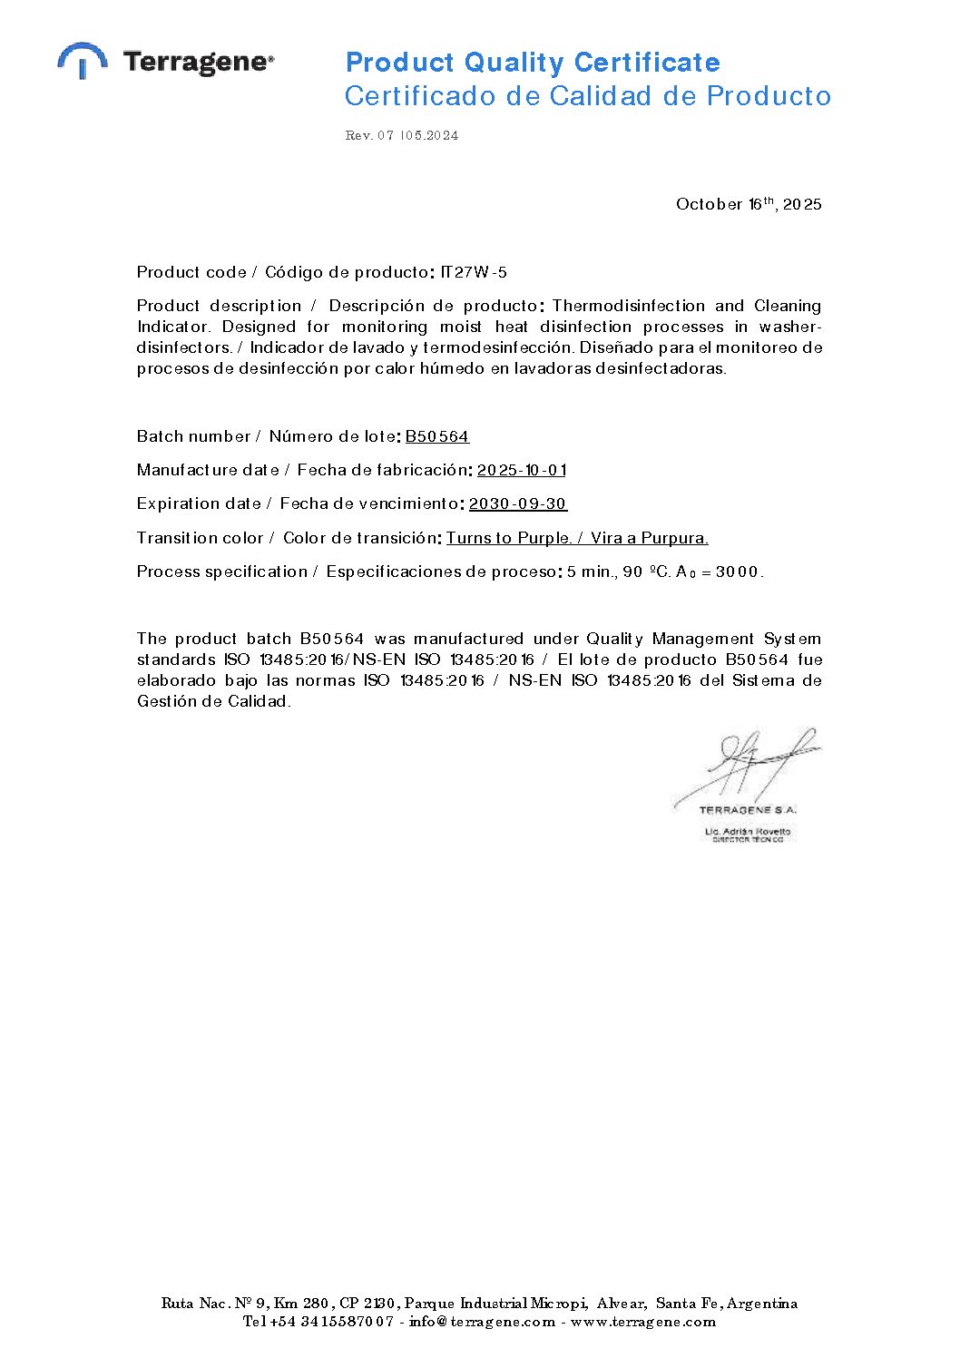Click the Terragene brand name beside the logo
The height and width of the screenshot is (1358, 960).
(x=198, y=63)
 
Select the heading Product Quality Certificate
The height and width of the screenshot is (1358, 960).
(x=533, y=63)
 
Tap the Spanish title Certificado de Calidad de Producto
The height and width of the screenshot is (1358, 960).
(x=587, y=96)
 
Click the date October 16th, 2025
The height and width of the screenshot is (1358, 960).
(x=749, y=204)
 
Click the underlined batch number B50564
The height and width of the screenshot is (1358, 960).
(x=436, y=436)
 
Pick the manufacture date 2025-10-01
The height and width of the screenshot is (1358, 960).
(x=522, y=470)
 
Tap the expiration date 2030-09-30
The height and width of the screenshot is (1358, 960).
(x=518, y=503)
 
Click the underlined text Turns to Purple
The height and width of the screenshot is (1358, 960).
(x=509, y=538)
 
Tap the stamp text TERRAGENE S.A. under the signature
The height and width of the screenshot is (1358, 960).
(x=748, y=809)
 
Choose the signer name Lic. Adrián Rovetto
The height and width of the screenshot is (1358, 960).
(x=748, y=831)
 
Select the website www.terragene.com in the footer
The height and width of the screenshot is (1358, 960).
(x=643, y=1322)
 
